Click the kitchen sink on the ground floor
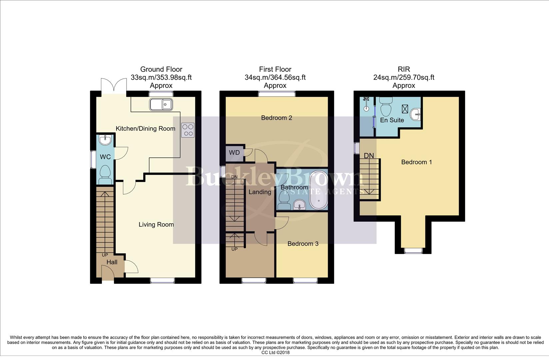pyautogui.click(x=161, y=105)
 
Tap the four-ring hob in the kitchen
pyautogui.click(x=188, y=130)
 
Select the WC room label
pyautogui.click(x=105, y=157)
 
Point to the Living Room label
pyautogui.click(x=156, y=225)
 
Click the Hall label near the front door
pyautogui.click(x=112, y=262)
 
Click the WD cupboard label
pyautogui.click(x=234, y=153)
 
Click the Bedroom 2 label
pyautogui.click(x=276, y=118)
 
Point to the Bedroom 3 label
pyautogui.click(x=303, y=244)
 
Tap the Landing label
pyautogui.click(x=260, y=192)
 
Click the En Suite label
pyautogui.click(x=392, y=120)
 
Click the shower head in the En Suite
pyautogui.click(x=366, y=99)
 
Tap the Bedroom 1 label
pyautogui.click(x=416, y=162)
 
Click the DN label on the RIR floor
pyautogui.click(x=369, y=156)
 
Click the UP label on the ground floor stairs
pyautogui.click(x=105, y=255)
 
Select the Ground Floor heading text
pyautogui.click(x=161, y=69)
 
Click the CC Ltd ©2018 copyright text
pyautogui.click(x=275, y=353)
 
